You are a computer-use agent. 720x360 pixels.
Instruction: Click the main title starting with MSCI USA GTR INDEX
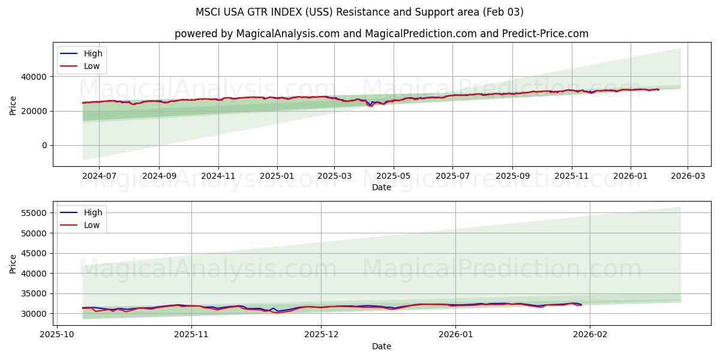point(359,12)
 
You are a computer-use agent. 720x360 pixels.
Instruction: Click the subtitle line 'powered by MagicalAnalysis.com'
point(381,34)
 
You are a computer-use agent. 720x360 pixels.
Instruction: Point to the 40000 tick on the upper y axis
point(35,77)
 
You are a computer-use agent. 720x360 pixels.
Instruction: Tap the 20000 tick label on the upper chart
point(35,111)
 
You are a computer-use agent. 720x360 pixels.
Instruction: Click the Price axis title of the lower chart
point(13,263)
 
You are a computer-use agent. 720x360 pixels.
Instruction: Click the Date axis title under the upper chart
point(381,187)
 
